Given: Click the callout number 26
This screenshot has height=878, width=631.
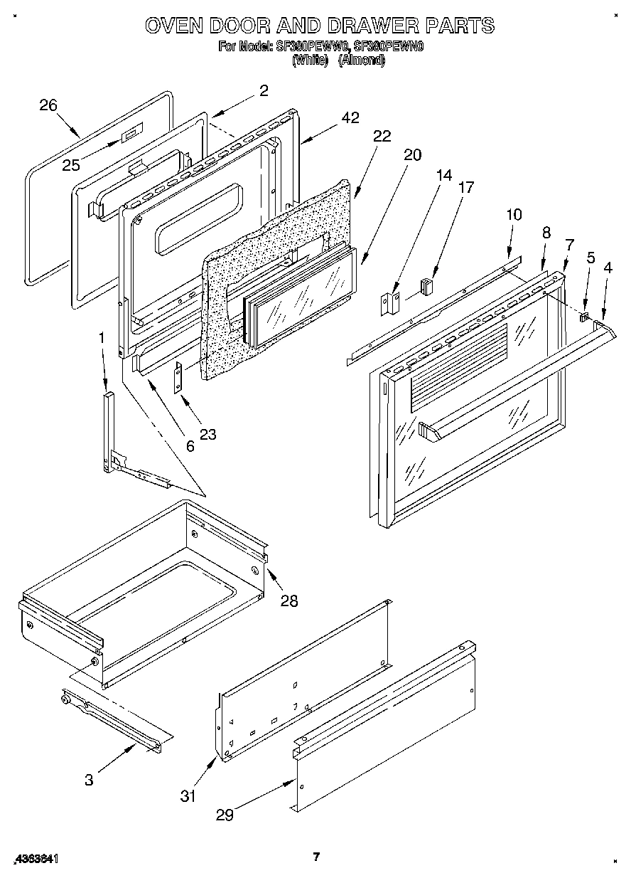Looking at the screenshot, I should click(x=48, y=105).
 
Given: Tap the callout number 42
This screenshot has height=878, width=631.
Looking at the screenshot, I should click(x=350, y=118).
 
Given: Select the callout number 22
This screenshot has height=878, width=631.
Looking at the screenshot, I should click(x=382, y=137).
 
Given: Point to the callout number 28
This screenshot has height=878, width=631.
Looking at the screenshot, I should click(x=288, y=601).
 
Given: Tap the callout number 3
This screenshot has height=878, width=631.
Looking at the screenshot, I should click(x=89, y=780).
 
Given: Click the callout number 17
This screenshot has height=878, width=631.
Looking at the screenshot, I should click(x=466, y=188).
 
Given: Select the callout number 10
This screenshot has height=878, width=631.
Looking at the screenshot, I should click(x=514, y=214).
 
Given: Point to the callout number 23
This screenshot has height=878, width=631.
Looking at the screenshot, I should click(x=207, y=434).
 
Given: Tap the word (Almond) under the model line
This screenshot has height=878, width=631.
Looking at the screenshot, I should click(x=361, y=61).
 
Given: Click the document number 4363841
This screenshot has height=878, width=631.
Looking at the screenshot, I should click(x=36, y=859).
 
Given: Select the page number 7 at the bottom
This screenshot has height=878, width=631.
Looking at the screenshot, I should click(x=316, y=857).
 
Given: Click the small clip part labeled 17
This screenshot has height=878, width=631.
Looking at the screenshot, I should click(x=426, y=287).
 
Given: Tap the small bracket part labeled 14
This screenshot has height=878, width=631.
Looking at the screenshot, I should click(x=390, y=305).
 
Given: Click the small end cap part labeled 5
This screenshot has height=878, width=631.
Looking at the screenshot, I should click(x=585, y=316).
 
